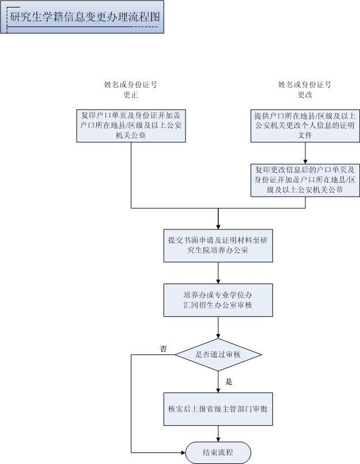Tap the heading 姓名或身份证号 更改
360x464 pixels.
pos(305,89)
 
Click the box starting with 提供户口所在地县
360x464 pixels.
pos(305,125)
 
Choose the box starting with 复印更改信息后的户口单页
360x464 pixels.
pos(305,179)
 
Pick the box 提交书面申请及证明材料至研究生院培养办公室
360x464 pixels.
pos(218,246)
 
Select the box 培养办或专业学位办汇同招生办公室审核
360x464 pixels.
pos(218,300)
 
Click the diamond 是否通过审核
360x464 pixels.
pos(218,354)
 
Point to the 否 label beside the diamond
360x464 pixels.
pos(164,349)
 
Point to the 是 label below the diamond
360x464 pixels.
pos(229,382)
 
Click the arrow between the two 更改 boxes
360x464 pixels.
pos(305,153)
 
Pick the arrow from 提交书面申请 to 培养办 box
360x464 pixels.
pos(218,273)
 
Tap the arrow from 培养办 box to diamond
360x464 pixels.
pos(218,328)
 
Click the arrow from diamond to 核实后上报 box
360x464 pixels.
pos(218,381)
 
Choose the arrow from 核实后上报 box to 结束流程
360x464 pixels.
pos(218,433)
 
